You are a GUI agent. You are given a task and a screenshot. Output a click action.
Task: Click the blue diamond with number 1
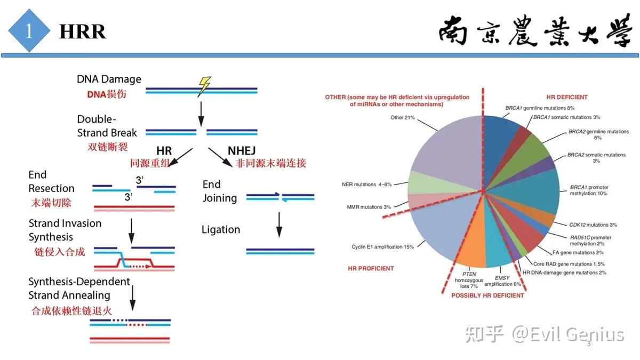pyautogui.click(x=29, y=31)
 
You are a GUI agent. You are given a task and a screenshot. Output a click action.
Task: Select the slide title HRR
pyautogui.click(x=83, y=32)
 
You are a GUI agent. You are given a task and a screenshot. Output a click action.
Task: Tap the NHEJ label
pyautogui.click(x=242, y=150)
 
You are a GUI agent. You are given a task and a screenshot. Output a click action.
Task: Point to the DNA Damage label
pyautogui.click(x=109, y=79)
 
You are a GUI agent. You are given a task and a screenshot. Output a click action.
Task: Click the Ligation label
pyautogui.click(x=221, y=230)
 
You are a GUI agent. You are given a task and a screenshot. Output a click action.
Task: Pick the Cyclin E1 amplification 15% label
pyautogui.click(x=383, y=247)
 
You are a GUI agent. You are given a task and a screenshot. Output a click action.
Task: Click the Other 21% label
pyautogui.click(x=403, y=117)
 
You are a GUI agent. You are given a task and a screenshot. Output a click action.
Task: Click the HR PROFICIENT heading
pyautogui.click(x=371, y=268)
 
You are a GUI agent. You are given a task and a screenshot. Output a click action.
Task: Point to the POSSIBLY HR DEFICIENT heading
pyautogui.click(x=487, y=295)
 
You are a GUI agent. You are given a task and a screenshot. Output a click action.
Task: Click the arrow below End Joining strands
pyautogui.click(x=278, y=224)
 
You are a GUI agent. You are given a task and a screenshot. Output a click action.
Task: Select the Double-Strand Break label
pyautogui.click(x=107, y=126)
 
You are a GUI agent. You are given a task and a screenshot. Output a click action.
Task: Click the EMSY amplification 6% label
pyautogui.click(x=502, y=281)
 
